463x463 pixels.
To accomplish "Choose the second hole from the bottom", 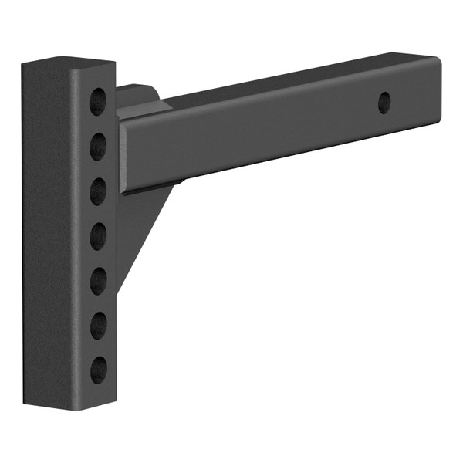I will (x=98, y=325).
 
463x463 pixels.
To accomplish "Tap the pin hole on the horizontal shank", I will (x=384, y=103).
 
